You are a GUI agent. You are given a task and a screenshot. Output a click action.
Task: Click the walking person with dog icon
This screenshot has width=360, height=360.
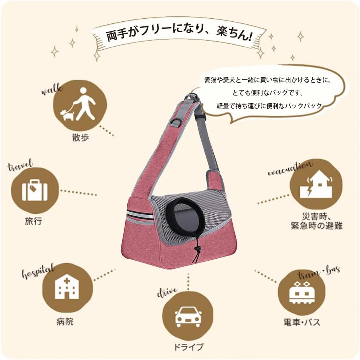(x=80, y=105)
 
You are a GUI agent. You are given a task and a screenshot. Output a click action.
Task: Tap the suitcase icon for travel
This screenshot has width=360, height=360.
(x=35, y=191)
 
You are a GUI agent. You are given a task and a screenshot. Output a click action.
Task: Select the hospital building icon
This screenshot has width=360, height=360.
(x=67, y=287)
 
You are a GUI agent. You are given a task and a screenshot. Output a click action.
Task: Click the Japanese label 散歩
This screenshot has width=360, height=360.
(x=80, y=138)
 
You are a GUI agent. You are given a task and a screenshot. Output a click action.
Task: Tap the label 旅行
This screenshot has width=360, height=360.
(x=33, y=222)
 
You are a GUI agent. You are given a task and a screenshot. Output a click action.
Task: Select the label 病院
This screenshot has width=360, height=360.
(x=64, y=322)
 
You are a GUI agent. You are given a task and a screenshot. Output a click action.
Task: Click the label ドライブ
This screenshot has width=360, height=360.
(x=187, y=347)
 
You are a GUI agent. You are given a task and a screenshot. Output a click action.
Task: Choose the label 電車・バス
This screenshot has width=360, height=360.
(x=301, y=322)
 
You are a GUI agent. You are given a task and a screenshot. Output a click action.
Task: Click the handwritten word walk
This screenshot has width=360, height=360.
(x=52, y=90)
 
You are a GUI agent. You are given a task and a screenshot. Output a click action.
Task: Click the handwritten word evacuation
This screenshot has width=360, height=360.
(x=290, y=168)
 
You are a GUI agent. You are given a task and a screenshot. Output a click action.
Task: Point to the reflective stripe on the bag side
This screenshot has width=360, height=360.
(x=139, y=215)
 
